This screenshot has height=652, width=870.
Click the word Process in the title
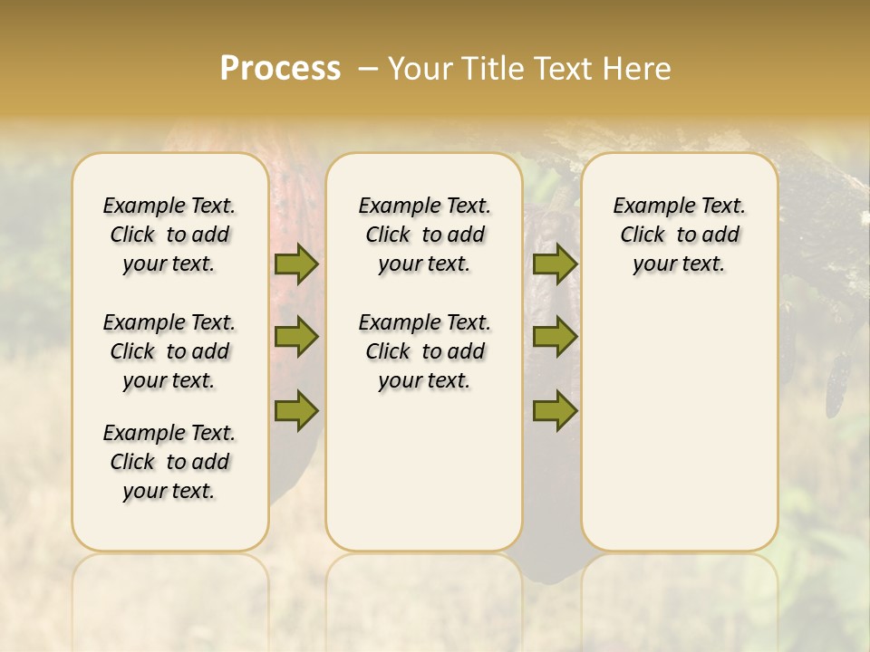tap(280, 69)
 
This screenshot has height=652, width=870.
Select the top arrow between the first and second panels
tap(296, 264)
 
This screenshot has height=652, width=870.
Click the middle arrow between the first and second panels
tap(296, 337)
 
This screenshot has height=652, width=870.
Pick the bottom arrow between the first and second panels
tap(296, 409)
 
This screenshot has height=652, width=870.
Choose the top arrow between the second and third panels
tap(555, 264)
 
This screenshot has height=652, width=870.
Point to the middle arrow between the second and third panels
tap(555, 337)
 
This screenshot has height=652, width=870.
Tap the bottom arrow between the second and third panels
tap(555, 409)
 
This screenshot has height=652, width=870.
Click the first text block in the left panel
tap(169, 235)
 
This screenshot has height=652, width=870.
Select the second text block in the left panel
tap(169, 351)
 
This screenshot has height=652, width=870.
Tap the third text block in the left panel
tap(169, 462)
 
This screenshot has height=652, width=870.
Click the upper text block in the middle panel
tap(424, 235)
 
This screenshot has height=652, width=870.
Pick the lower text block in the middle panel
tap(424, 351)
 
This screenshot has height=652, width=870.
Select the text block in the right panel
tap(679, 235)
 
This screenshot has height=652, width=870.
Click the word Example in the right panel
tap(647, 206)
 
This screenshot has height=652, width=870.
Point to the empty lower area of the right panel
tap(679, 417)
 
